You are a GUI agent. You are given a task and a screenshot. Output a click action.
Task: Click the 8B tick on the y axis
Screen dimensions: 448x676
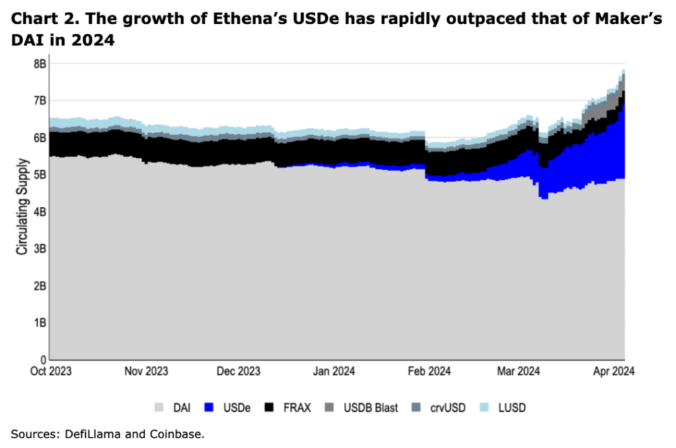pyautogui.click(x=40, y=64)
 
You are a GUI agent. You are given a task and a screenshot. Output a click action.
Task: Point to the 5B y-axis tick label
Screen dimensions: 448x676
pyautogui.click(x=40, y=175)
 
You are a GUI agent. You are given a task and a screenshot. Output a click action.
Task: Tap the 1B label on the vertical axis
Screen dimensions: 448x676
pyautogui.click(x=40, y=323)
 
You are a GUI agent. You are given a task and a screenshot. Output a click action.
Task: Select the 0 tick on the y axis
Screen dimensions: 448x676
pyautogui.click(x=42, y=360)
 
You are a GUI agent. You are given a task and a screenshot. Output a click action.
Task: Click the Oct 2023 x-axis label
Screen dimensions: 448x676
pyautogui.click(x=51, y=371)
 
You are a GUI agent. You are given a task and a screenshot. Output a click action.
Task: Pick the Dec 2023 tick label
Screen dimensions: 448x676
pyautogui.click(x=238, y=371)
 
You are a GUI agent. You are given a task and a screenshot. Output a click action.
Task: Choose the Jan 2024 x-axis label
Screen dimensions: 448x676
pyautogui.click(x=333, y=371)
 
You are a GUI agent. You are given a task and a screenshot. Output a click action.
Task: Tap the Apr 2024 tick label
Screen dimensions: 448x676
pyautogui.click(x=613, y=371)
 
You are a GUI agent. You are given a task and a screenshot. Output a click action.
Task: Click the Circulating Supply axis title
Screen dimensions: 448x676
pyautogui.click(x=22, y=207)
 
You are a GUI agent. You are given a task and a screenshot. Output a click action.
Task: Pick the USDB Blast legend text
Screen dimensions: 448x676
pyautogui.click(x=370, y=408)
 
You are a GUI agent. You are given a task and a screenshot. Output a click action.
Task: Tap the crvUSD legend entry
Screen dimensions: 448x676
pyautogui.click(x=448, y=408)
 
